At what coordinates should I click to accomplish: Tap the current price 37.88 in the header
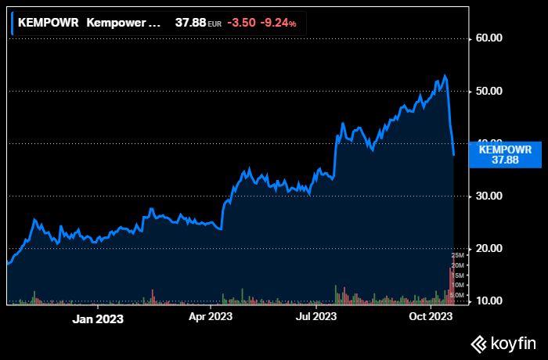point(189,23)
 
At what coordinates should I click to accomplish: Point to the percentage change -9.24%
point(279,23)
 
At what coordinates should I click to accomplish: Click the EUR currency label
point(215,24)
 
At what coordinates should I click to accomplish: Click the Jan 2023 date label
point(98,319)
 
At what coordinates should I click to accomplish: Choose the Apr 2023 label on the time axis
point(210,317)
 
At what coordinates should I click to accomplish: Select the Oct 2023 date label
point(431,317)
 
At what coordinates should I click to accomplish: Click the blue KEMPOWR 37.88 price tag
point(505,155)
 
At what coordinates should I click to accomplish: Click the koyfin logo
point(503,343)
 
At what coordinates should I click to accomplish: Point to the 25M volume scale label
point(458,257)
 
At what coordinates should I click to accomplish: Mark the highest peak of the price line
point(444,76)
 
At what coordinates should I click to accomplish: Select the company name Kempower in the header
point(121,23)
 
